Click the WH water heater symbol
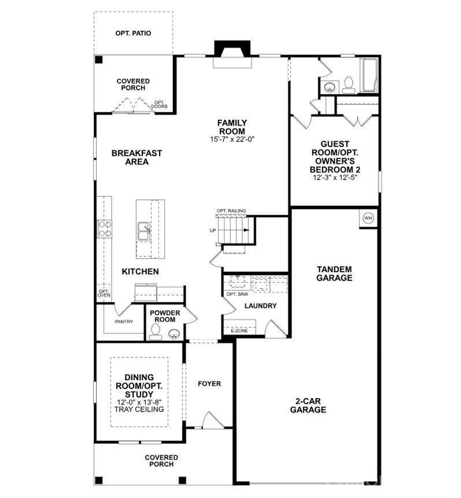point(368,218)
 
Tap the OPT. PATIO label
point(133,33)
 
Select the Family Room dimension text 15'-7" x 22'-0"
point(232,139)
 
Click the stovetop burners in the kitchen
point(105,229)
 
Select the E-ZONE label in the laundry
point(239,331)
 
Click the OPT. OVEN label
point(104,293)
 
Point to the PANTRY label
point(124,322)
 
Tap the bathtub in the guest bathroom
point(369,76)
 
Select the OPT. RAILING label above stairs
point(231,211)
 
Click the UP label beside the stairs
point(213,230)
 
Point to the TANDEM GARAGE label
point(334,274)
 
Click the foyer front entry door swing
point(210,420)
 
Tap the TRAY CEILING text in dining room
point(139,409)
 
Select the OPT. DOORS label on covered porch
point(159,104)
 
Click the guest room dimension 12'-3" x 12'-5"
point(335,178)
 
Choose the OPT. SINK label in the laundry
point(237,294)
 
